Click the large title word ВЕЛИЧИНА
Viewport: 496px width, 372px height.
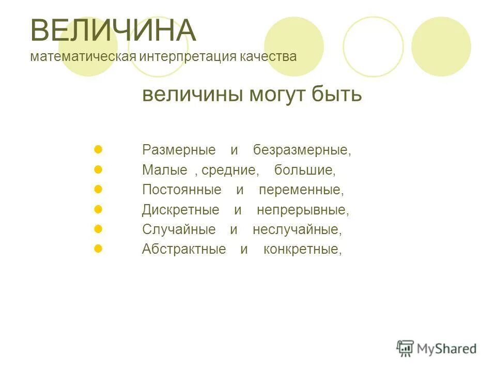(x=114, y=30)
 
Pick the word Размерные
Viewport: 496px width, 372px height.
(x=179, y=150)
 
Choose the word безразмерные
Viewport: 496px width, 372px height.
(x=301, y=150)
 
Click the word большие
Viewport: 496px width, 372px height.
(x=305, y=170)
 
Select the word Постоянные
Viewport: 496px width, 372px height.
(x=182, y=190)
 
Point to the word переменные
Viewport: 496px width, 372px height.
(x=301, y=190)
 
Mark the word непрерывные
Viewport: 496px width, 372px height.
(x=303, y=210)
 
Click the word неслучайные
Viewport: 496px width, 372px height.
(x=297, y=229)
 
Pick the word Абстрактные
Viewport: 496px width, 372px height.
(x=184, y=249)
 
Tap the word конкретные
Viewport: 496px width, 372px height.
(x=302, y=249)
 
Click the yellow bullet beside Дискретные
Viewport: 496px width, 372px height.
(x=99, y=209)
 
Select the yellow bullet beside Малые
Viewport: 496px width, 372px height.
(x=99, y=169)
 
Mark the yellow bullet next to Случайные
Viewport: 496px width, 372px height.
(x=99, y=229)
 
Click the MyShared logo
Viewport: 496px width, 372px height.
(x=437, y=348)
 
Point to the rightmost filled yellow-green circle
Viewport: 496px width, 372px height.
(x=441, y=47)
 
